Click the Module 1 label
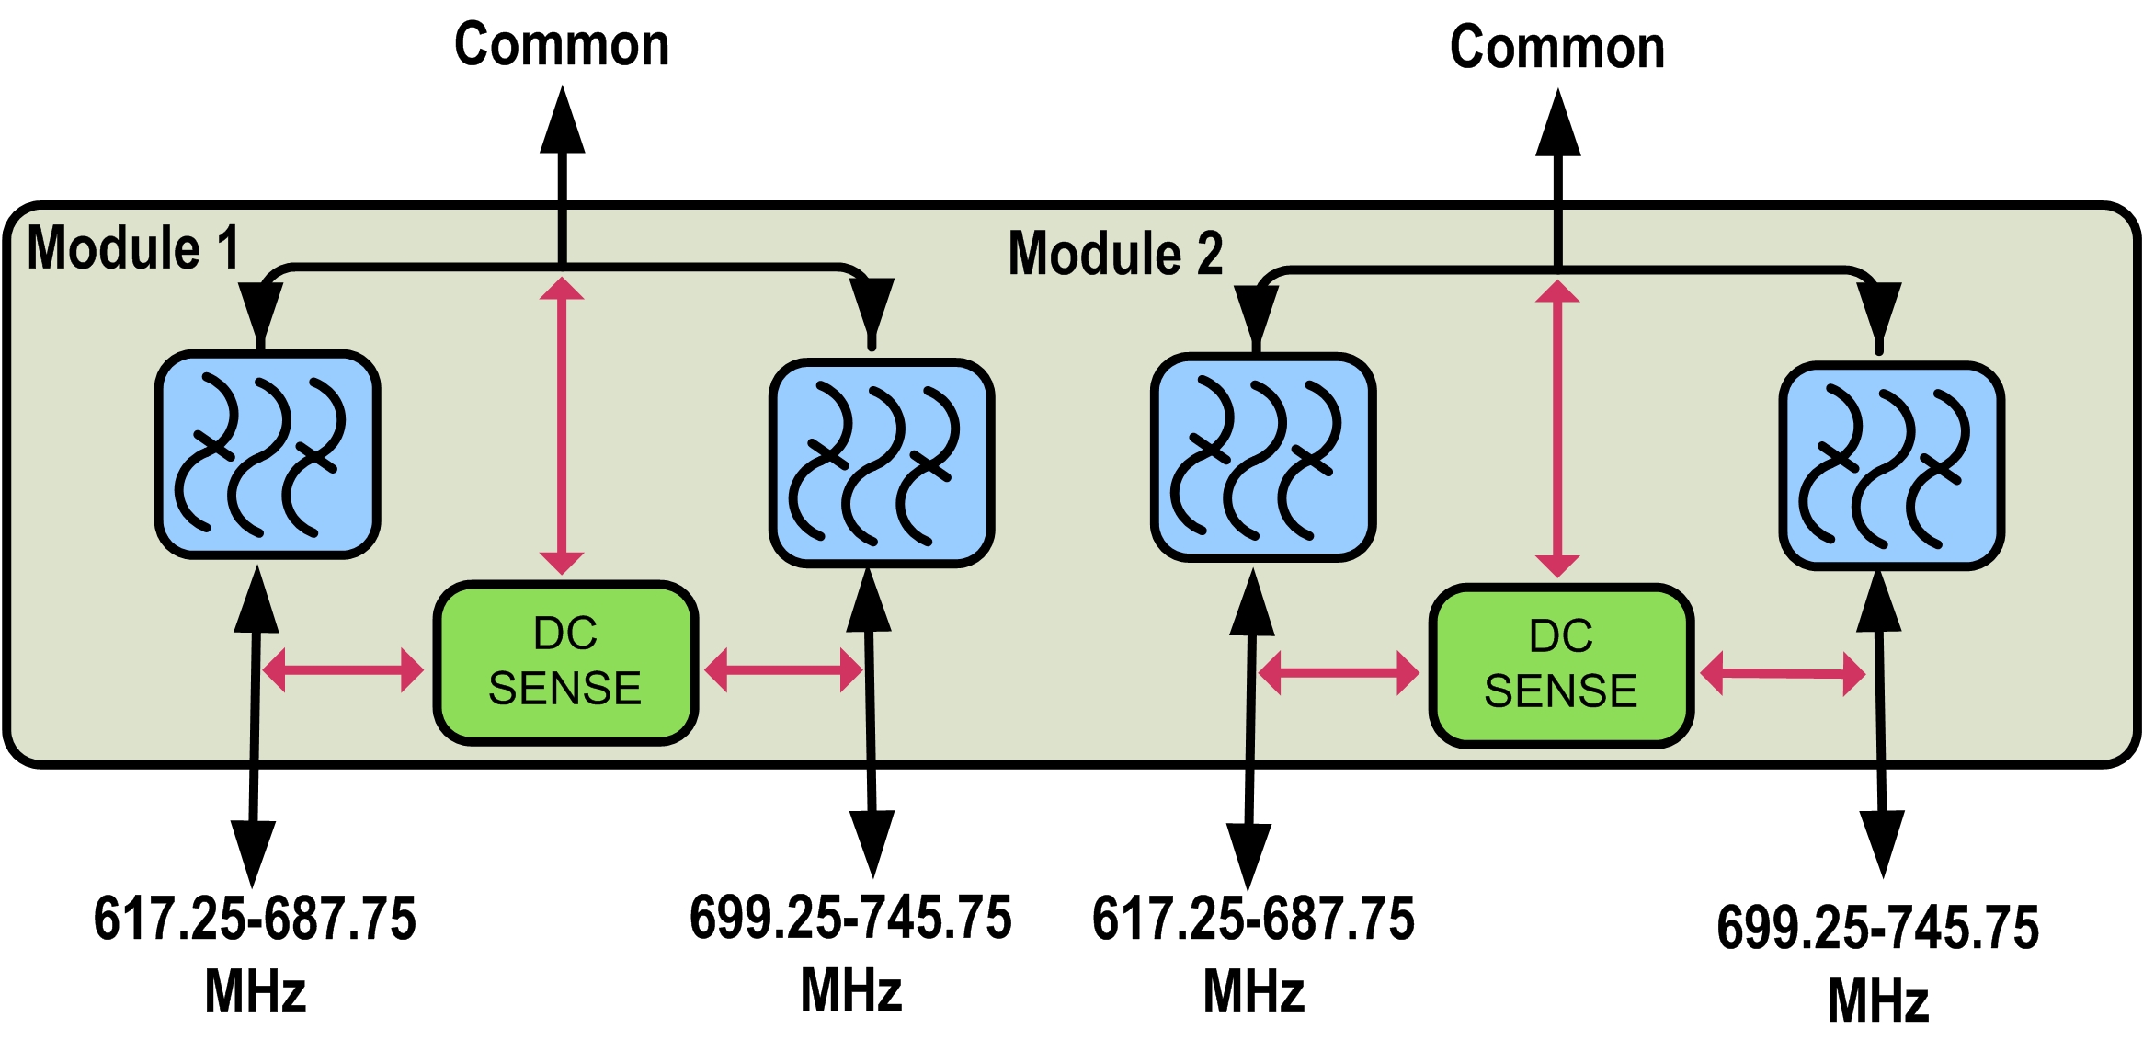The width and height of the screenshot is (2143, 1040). [x=133, y=248]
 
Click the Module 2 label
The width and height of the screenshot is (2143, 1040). [x=1115, y=254]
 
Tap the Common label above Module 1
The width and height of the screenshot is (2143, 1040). [x=562, y=45]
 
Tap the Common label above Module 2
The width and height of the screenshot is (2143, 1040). [x=1556, y=48]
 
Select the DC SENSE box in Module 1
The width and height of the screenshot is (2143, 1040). [x=565, y=662]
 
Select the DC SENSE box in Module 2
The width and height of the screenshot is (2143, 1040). [x=1561, y=665]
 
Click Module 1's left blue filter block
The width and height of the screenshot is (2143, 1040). [x=268, y=454]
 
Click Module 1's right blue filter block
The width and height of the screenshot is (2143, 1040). [x=882, y=463]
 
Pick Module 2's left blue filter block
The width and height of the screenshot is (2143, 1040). [x=1263, y=457]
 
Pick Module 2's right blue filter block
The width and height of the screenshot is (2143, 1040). [x=1892, y=465]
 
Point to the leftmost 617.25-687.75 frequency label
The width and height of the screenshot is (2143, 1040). [x=255, y=919]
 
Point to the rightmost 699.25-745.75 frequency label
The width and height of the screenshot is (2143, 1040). [x=1877, y=927]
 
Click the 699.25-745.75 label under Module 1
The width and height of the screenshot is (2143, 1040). [x=850, y=918]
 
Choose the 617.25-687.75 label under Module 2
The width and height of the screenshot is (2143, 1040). [x=1253, y=919]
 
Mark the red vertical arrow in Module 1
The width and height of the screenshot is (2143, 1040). [x=562, y=425]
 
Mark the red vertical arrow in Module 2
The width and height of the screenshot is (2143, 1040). [x=1557, y=429]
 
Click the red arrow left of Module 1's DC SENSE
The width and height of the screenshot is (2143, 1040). [x=343, y=669]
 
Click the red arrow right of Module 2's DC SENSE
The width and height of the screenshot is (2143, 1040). [x=1782, y=674]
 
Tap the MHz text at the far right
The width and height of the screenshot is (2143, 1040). [x=1877, y=1000]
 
